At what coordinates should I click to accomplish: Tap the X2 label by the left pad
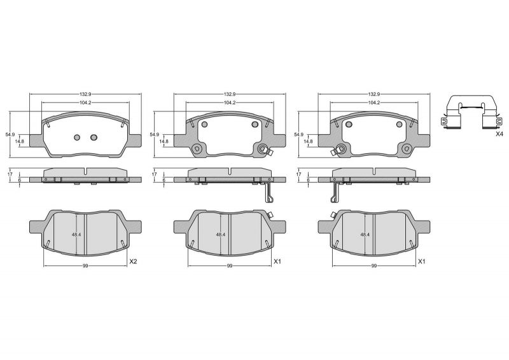coord(133,261)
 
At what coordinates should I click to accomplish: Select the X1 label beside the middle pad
coord(277,261)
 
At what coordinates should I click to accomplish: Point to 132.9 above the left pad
coord(86,93)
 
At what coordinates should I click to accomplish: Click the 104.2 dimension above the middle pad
coord(230,102)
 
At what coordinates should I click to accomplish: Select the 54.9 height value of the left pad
coord(10,135)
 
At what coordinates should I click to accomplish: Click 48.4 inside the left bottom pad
coord(76,235)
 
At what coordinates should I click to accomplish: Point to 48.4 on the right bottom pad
coord(365,235)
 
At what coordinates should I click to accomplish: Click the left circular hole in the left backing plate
coord(77,137)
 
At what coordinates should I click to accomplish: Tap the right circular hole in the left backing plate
coord(94,137)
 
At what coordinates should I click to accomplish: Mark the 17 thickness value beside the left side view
coord(10,174)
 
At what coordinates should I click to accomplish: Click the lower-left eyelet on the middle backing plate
coord(197,149)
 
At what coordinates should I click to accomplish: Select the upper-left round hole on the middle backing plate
coord(204,124)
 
